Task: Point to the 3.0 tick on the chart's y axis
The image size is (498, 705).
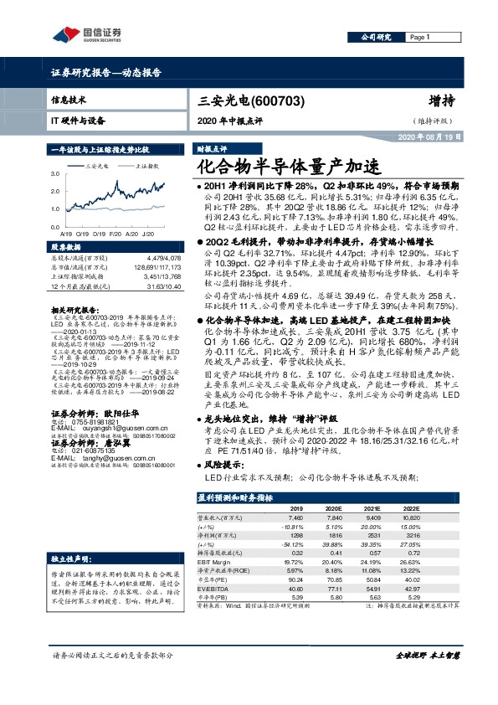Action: click(x=56, y=174)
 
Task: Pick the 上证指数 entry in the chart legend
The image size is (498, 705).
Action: click(x=147, y=167)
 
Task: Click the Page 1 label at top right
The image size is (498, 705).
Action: click(x=418, y=38)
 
